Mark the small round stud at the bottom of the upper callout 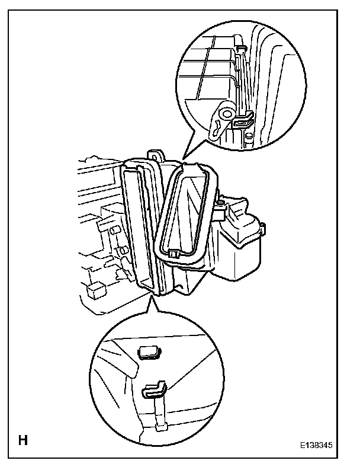248,137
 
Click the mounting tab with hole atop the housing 156,155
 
